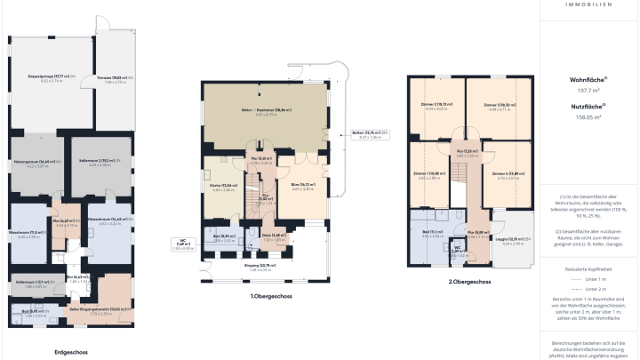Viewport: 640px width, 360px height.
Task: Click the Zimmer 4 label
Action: [x=506, y=174]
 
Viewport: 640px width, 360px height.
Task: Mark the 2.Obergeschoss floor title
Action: [x=464, y=281]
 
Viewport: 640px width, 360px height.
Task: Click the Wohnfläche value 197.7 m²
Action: [x=584, y=90]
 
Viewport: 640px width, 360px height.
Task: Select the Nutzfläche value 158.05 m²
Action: [x=584, y=116]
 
